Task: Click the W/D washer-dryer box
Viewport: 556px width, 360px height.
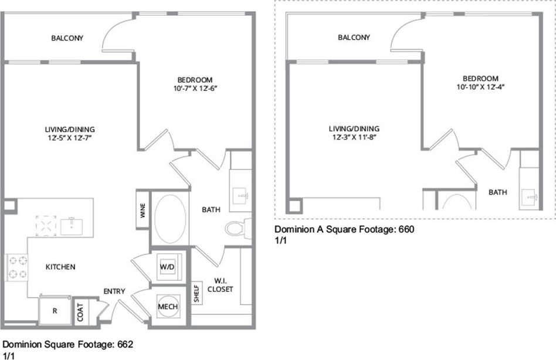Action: pos(167,267)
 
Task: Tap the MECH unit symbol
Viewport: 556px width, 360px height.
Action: pos(167,307)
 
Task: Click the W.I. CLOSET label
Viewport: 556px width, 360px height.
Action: pos(220,284)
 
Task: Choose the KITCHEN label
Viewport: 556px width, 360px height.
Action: pos(60,267)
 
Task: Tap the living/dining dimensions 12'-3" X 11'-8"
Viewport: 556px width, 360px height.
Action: pos(354,137)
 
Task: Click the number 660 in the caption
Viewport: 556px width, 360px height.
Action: pos(406,230)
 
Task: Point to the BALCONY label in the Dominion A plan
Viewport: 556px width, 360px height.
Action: pos(354,38)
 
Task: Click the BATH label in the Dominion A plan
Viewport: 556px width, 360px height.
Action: pos(497,192)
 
